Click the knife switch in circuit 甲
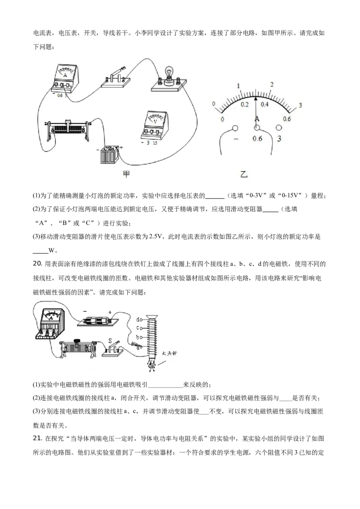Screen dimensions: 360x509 (115, 78)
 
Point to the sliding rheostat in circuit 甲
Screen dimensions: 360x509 (67, 129)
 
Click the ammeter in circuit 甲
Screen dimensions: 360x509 (65, 79)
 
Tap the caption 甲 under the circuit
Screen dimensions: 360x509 (126, 174)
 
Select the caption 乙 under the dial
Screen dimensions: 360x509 (244, 174)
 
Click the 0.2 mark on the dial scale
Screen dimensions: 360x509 (244, 104)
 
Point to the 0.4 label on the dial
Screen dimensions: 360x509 (265, 104)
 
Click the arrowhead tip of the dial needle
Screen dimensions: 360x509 (256, 98)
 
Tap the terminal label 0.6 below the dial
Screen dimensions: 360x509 (257, 138)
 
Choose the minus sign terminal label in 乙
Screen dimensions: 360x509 (235, 139)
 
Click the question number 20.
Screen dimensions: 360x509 (37, 263)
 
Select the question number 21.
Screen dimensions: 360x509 (37, 438)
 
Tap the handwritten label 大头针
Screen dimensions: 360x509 (169, 353)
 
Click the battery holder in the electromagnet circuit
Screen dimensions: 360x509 (98, 321)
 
